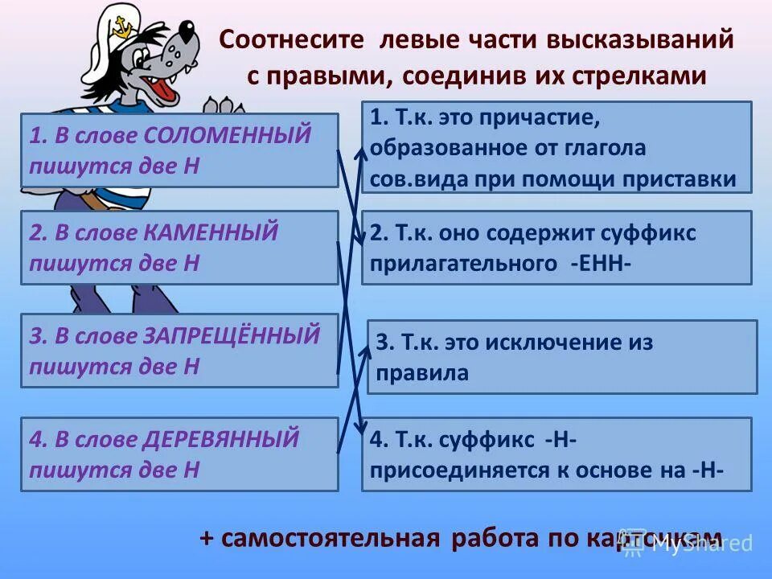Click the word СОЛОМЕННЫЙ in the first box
[x=228, y=135]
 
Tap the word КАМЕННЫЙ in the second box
[x=211, y=233]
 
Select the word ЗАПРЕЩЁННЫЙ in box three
[x=232, y=335]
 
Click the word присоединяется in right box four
[x=454, y=470]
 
